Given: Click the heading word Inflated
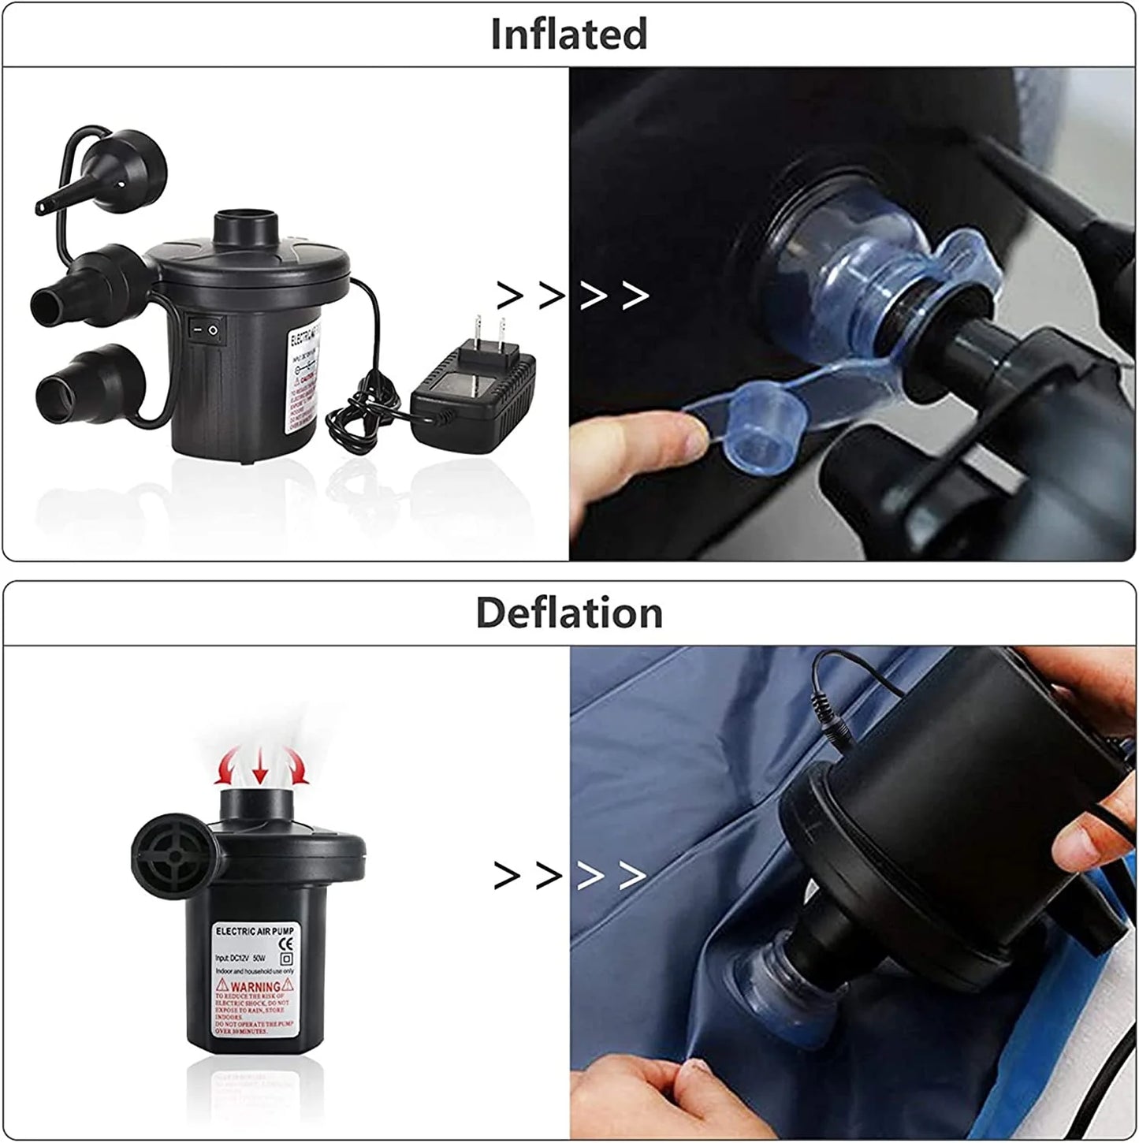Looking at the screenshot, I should [568, 35].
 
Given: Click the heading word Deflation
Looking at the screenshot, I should [569, 613].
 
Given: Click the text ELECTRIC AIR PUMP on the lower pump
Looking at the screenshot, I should [254, 932].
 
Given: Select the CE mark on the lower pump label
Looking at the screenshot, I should [286, 944].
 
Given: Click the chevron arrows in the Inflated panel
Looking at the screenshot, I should [573, 296].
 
